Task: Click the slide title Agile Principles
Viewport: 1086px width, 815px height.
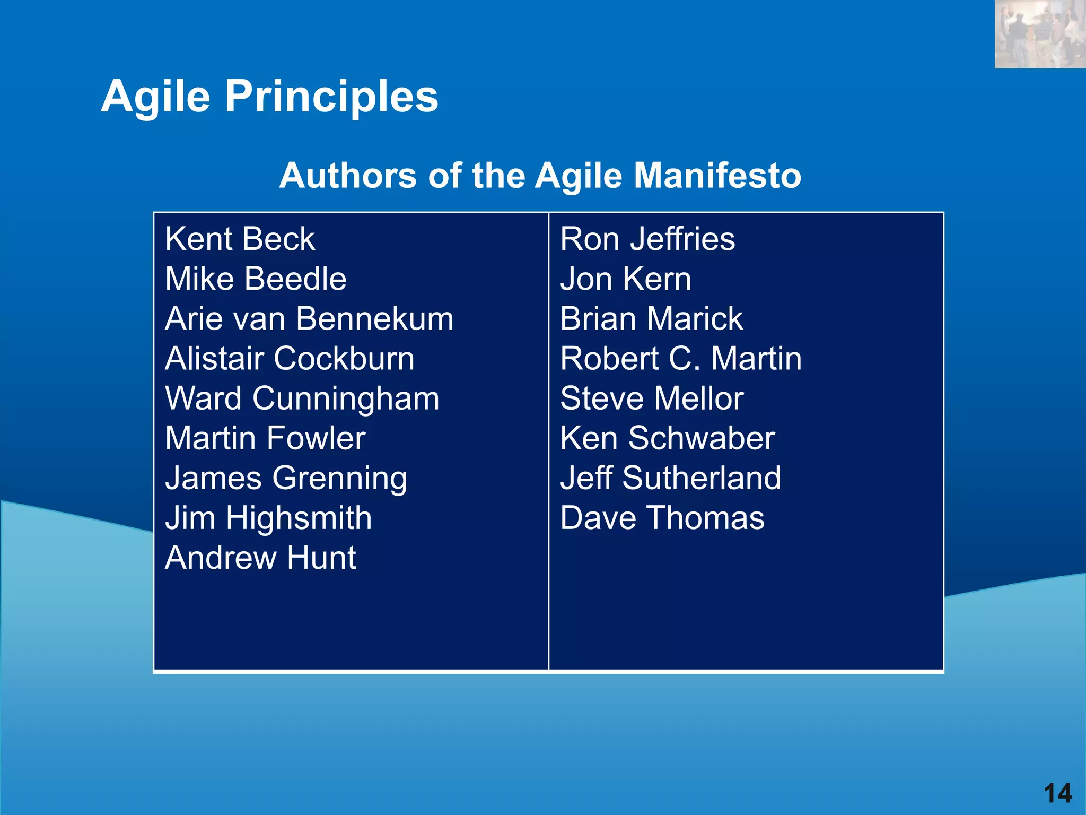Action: pos(269,97)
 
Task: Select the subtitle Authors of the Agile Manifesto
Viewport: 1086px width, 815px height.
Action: pos(540,175)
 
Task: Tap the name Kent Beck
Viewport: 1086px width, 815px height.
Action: pos(240,239)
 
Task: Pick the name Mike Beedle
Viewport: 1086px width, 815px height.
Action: pos(256,279)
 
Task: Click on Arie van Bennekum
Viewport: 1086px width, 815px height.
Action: pos(309,319)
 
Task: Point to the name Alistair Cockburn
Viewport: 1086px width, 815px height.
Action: pos(290,359)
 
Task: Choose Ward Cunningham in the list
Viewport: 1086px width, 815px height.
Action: pos(302,398)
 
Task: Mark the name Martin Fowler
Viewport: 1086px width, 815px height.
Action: pos(265,438)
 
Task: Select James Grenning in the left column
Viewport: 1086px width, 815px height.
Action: pos(286,478)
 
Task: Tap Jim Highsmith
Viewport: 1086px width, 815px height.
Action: pos(268,518)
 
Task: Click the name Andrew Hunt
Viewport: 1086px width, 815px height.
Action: pos(260,558)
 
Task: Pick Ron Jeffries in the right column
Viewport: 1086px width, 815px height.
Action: pos(647,239)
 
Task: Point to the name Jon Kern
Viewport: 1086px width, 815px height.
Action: pos(626,279)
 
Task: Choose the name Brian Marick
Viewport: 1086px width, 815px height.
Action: pos(652,319)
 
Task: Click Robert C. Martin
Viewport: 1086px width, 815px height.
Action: pos(681,359)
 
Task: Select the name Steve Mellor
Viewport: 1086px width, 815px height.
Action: pos(652,398)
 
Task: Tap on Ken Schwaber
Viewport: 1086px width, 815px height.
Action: pos(668,438)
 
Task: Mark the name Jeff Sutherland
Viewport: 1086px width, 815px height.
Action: pos(670,478)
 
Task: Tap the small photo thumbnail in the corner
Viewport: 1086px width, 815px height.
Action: pos(1040,34)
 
